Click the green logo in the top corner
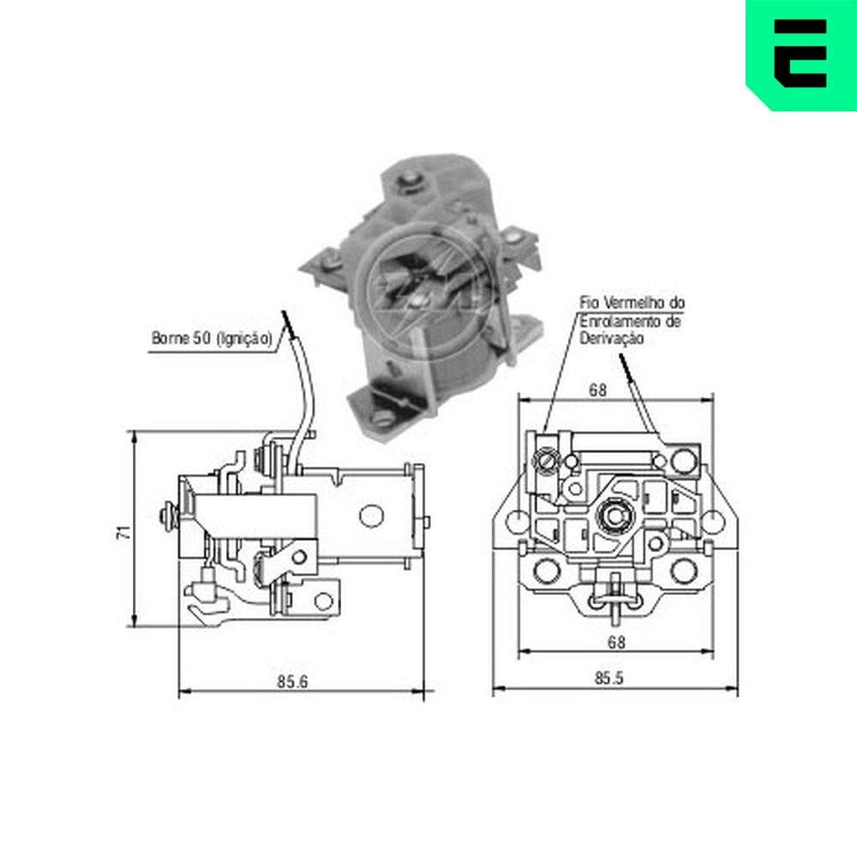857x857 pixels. tap(801, 55)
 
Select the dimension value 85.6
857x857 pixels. tap(292, 681)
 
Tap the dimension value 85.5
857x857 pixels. tap(608, 678)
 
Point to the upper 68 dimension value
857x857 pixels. tap(597, 390)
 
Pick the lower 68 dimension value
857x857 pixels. tap(616, 642)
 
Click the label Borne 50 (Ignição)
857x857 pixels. tap(212, 339)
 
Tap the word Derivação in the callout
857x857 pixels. tap(612, 339)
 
